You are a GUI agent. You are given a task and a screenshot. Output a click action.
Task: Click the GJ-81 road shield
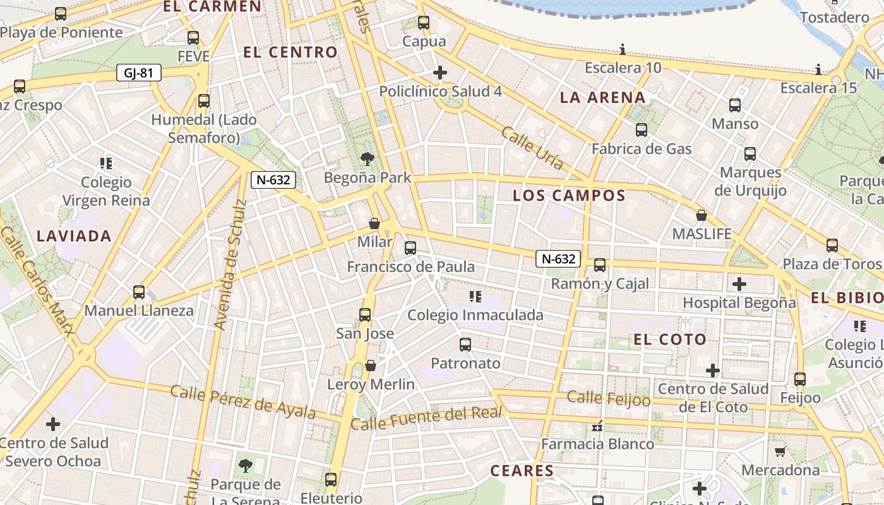point(139,73)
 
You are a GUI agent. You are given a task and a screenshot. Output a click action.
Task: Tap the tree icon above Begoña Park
point(367,158)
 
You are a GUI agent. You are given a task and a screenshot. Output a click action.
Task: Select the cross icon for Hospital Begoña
point(739,284)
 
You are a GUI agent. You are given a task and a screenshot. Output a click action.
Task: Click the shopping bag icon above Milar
point(374,223)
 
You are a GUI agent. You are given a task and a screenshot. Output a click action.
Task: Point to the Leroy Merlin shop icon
point(371,365)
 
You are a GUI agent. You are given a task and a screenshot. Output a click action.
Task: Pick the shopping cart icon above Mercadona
point(780,451)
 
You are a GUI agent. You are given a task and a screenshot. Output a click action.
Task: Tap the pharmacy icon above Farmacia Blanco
point(597,426)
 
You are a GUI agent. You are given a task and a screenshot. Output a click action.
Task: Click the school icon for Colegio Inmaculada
point(475,296)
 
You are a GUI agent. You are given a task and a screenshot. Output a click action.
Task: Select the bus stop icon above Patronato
point(465,344)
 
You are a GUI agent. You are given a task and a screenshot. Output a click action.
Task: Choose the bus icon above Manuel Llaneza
point(139,292)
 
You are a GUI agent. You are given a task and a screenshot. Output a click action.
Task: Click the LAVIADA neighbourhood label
point(74,236)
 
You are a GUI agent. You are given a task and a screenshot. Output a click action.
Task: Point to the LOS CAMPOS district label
point(569,195)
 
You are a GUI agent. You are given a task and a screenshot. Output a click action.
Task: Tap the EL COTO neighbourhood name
point(670,340)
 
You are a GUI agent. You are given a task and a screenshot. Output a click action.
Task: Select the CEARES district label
point(522,470)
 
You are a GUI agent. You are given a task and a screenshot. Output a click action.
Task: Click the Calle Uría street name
point(532,148)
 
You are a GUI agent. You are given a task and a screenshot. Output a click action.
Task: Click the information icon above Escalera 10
point(623,49)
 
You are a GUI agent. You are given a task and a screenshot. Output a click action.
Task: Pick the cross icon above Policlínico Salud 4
point(440,73)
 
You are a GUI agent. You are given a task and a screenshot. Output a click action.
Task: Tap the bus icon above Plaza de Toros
point(832,245)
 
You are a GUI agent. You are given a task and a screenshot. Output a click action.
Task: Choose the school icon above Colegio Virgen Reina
point(106,163)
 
